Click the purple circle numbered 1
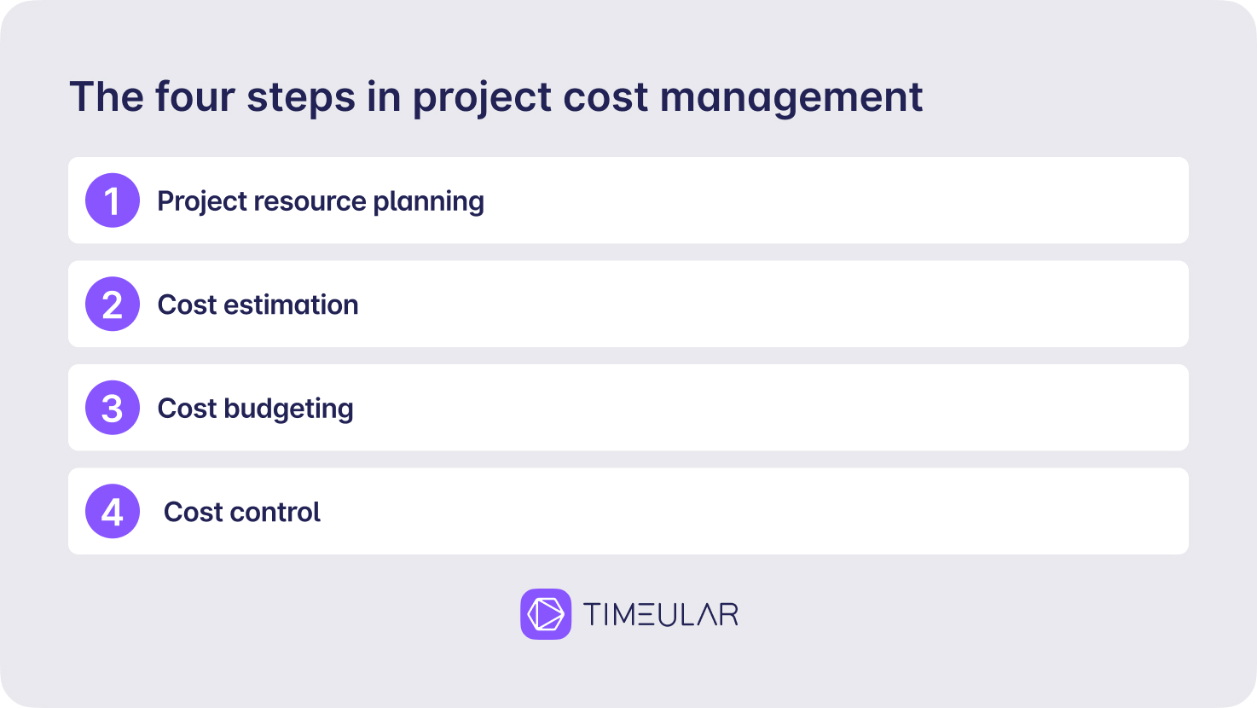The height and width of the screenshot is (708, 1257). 113,200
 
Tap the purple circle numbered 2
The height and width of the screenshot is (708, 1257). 113,304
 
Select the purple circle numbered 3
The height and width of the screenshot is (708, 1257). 113,408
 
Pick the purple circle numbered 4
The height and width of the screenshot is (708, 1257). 113,512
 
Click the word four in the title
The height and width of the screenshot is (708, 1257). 194,96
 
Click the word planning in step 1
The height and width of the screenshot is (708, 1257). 429,201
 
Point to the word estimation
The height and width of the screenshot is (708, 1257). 291,305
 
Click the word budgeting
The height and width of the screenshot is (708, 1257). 288,409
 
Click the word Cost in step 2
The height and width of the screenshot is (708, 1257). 187,305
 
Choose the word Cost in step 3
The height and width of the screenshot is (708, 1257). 187,409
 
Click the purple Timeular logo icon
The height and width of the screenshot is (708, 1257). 546,614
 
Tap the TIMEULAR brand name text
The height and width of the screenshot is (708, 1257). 661,614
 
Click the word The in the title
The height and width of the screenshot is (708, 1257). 107,96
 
